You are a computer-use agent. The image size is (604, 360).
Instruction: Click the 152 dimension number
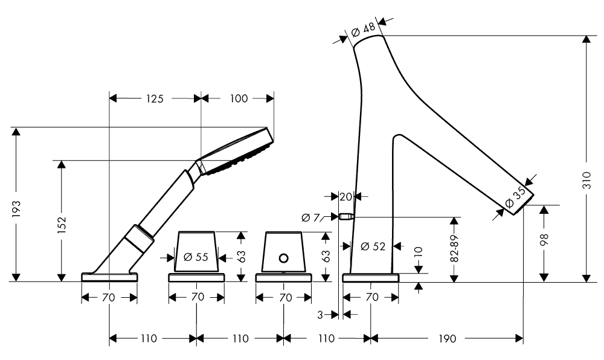coord(61,224)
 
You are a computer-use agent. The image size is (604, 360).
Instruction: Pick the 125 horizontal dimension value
coord(154,98)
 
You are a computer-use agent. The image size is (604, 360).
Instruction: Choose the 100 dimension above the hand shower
coord(239,98)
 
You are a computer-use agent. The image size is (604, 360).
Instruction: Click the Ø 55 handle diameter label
coord(195,257)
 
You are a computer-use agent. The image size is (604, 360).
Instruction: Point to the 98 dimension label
coord(544,240)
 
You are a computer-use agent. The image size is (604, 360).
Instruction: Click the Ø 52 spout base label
coord(372,246)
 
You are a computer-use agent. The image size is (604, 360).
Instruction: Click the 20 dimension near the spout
coord(345,196)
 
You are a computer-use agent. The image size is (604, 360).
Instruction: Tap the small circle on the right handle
coord(283,259)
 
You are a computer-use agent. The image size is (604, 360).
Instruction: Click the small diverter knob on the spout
coord(345,217)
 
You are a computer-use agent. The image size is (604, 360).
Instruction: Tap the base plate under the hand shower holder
coord(109,277)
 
